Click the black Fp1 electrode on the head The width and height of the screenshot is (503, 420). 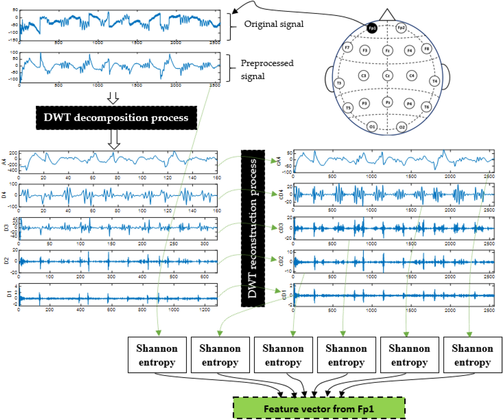click(x=372, y=28)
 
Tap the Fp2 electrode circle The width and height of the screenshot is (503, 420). click(x=401, y=28)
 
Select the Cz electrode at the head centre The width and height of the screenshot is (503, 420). click(x=387, y=76)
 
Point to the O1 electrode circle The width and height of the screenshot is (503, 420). click(x=372, y=127)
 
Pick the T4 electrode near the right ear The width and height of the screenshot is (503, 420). click(x=435, y=81)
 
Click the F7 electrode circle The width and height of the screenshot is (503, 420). click(x=347, y=47)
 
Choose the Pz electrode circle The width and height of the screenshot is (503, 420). click(x=387, y=102)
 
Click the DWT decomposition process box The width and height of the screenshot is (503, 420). click(x=116, y=118)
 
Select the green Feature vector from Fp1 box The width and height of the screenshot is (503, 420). click(x=319, y=409)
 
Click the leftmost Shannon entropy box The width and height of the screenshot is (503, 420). click(x=157, y=355)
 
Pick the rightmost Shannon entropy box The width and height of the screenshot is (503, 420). click(x=473, y=355)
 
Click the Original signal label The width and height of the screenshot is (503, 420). click(x=274, y=24)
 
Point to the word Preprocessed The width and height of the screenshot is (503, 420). click(x=267, y=63)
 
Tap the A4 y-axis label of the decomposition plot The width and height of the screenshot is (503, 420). click(x=4, y=162)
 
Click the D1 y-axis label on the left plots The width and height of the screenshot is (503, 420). click(x=9, y=294)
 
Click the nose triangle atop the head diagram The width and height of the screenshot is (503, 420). click(x=387, y=15)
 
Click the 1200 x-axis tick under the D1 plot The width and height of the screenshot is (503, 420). click(x=205, y=310)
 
